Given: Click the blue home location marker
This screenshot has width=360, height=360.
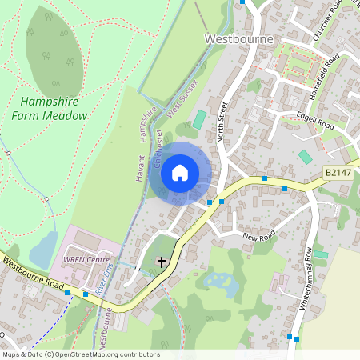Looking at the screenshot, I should tap(180, 173).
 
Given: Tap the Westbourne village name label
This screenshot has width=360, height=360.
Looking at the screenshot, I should tap(239, 38).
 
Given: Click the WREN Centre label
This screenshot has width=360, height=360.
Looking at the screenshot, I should tap(86, 260).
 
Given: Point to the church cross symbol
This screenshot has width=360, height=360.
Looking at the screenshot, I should tap(162, 262).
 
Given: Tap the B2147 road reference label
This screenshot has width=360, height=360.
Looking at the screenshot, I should tap(339, 172).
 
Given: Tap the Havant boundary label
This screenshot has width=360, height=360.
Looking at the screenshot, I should tap(139, 167).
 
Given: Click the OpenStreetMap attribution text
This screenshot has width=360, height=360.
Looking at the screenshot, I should tap(80, 354).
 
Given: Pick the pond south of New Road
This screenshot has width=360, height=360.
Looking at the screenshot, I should tap(218, 281).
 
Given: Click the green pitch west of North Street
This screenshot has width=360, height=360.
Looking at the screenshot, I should tap(199, 119).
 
